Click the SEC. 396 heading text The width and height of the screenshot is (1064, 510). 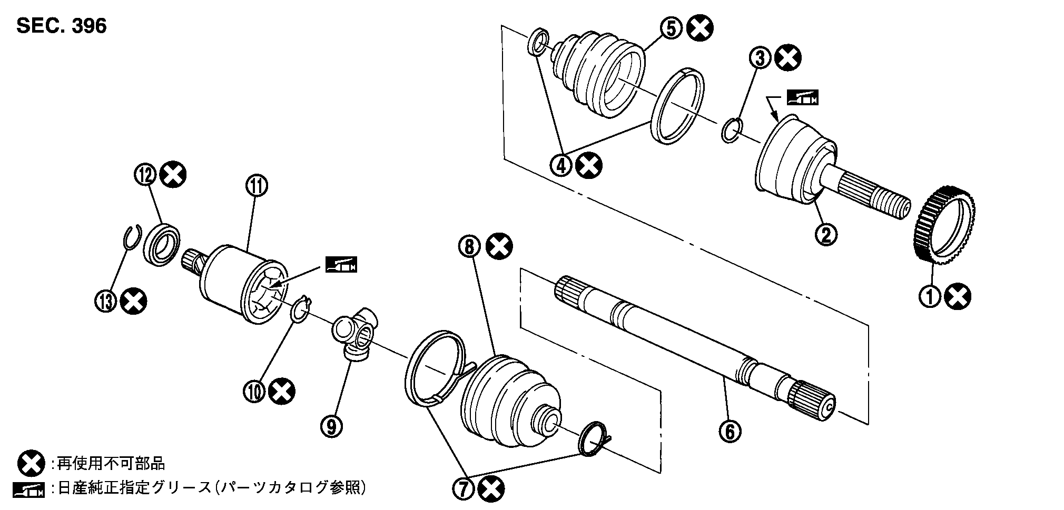point(62,25)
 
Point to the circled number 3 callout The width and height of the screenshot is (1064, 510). point(761,58)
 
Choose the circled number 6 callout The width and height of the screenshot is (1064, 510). point(730,431)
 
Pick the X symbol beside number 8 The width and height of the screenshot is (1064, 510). point(498,246)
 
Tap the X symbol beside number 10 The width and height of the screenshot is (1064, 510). point(281,391)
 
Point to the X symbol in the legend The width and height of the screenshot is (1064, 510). point(31,464)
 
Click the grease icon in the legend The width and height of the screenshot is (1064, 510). point(31,489)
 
